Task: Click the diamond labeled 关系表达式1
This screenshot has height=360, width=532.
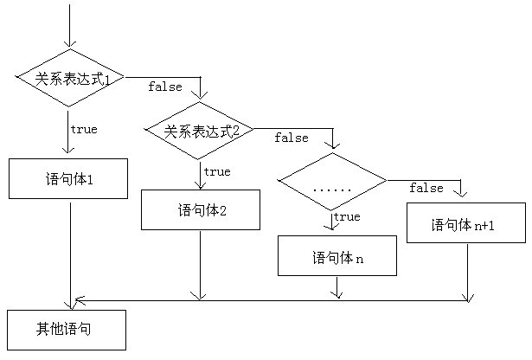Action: [x=70, y=78]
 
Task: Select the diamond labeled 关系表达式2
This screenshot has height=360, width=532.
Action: [x=200, y=131]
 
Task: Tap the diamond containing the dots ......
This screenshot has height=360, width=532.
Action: [x=332, y=182]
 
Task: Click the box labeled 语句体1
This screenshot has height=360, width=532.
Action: [x=68, y=178]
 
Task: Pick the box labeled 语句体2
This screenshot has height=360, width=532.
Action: [x=200, y=209]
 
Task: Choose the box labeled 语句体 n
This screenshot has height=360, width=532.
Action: [x=337, y=255]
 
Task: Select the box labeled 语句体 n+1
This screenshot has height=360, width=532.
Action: [x=465, y=223]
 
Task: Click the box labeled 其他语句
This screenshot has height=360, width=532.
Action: [x=66, y=329]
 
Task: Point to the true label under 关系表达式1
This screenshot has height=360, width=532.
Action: [x=84, y=129]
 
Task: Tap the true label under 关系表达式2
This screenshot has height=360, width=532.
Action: [x=216, y=171]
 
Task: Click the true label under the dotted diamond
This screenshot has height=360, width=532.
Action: [x=346, y=216]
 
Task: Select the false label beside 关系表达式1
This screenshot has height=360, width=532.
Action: [x=165, y=87]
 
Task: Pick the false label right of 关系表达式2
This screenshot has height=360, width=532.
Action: [x=292, y=138]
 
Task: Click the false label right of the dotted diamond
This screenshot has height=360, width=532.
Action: [x=426, y=188]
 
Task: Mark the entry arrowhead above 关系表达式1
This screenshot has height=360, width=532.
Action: [x=70, y=42]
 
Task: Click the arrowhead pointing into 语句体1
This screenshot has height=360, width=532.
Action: [x=69, y=151]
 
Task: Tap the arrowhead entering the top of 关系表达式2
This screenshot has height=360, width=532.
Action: [x=201, y=95]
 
